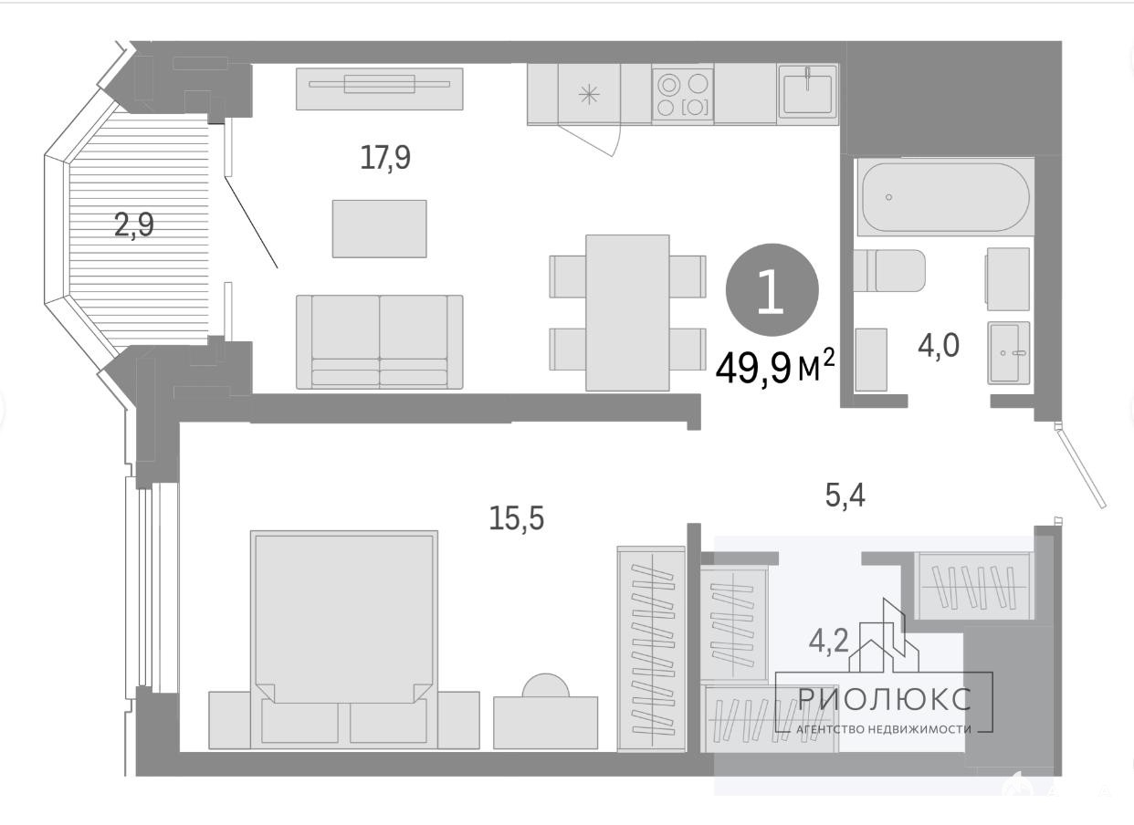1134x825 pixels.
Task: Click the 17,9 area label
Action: coord(385,158)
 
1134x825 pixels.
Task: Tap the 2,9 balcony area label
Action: coord(133,225)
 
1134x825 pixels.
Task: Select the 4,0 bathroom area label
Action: coord(939,346)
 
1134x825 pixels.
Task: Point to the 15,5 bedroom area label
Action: coord(517,518)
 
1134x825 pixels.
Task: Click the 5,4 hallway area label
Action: coord(845,495)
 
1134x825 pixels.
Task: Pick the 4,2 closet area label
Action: coord(829,642)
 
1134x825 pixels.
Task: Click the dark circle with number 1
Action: coord(772,289)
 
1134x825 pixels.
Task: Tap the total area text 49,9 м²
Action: coord(774,368)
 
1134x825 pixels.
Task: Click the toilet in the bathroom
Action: coord(889,270)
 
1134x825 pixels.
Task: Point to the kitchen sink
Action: coord(808,95)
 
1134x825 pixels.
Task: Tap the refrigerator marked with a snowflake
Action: coord(589,94)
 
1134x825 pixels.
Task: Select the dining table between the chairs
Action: coord(628,313)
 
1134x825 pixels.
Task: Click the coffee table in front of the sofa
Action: coord(379,229)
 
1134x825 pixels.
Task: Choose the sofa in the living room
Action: coord(379,342)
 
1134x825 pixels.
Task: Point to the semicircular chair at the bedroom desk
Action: coord(546,686)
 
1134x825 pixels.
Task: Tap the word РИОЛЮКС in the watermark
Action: coord(885,699)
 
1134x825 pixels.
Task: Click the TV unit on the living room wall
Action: coord(379,89)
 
